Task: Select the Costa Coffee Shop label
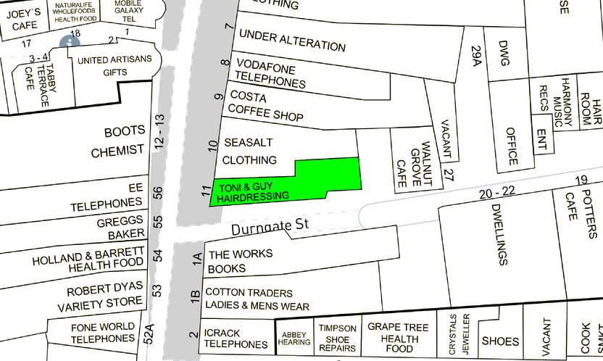coord(265,107)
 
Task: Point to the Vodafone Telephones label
coord(270,72)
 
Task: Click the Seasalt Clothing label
coord(249,152)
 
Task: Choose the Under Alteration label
coord(292,41)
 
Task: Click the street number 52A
coord(149,334)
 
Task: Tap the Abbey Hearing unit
coord(294,337)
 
